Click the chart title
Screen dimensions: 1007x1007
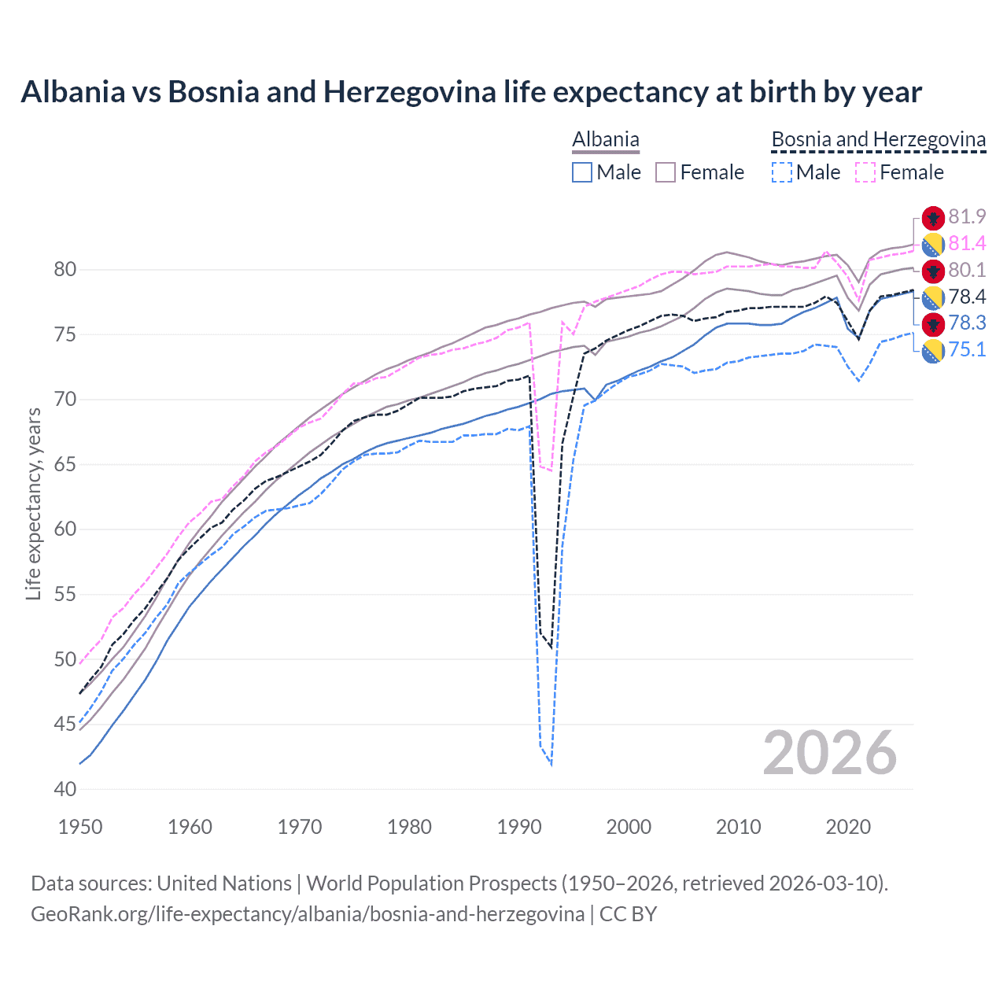(470, 92)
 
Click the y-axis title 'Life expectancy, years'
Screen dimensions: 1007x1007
(33, 503)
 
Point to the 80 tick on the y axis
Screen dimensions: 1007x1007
(65, 270)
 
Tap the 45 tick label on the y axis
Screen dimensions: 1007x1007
(65, 724)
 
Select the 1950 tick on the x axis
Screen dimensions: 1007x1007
(80, 827)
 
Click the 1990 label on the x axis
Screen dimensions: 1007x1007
(519, 827)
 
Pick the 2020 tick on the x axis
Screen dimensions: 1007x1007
(848, 827)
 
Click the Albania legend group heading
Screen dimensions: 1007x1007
(605, 140)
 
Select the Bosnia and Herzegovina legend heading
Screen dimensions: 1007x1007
(878, 140)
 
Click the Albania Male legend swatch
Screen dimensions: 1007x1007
(582, 172)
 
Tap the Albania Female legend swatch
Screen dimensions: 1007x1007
(666, 172)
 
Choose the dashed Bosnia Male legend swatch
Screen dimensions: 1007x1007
(781, 172)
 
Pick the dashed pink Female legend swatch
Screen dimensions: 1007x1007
(865, 172)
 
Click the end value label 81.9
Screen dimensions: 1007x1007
(967, 217)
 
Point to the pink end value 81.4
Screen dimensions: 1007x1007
(967, 244)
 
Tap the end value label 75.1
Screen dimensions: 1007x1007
(967, 349)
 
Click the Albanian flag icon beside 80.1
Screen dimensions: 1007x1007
(933, 271)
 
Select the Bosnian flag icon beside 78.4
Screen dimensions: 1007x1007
(933, 297)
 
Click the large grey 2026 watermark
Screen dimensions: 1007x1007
(830, 753)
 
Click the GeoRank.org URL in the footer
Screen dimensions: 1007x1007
(308, 914)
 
